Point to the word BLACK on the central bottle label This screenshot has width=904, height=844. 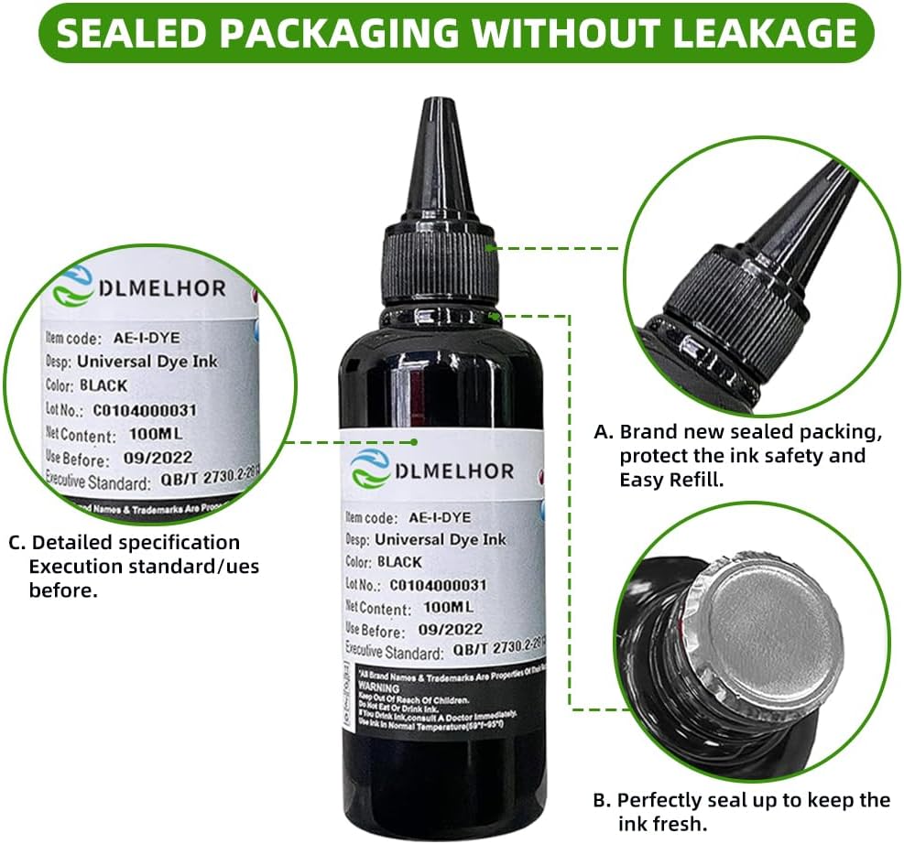398,562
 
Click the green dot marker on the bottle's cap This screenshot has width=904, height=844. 492,246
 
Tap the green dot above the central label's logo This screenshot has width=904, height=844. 414,441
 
